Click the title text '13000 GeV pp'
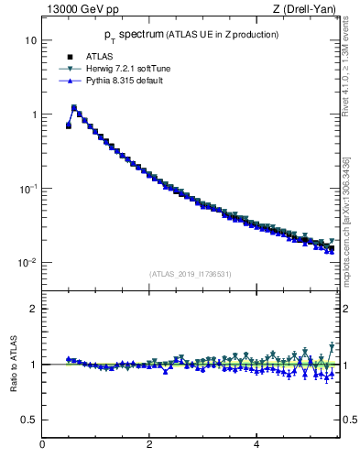(x=71, y=10)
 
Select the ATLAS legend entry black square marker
(x=68, y=55)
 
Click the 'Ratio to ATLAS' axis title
(x=13, y=364)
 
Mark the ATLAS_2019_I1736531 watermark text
(x=190, y=274)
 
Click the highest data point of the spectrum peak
(x=73, y=107)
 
